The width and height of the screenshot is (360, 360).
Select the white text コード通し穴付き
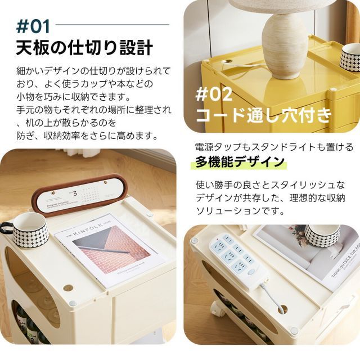coord(263,116)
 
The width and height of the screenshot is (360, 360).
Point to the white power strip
coord(239,259)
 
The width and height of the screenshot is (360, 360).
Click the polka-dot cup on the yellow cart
coord(349,56)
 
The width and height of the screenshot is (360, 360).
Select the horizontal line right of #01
coord(112,25)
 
